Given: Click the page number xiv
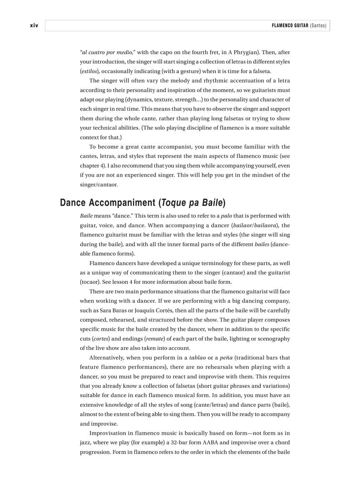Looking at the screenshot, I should point(34,26).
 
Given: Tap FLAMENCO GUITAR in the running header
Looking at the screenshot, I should point(290,26).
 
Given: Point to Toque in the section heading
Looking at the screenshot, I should point(175,203).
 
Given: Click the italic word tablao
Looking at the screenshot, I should point(197,357).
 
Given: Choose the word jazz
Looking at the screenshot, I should point(85,442).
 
